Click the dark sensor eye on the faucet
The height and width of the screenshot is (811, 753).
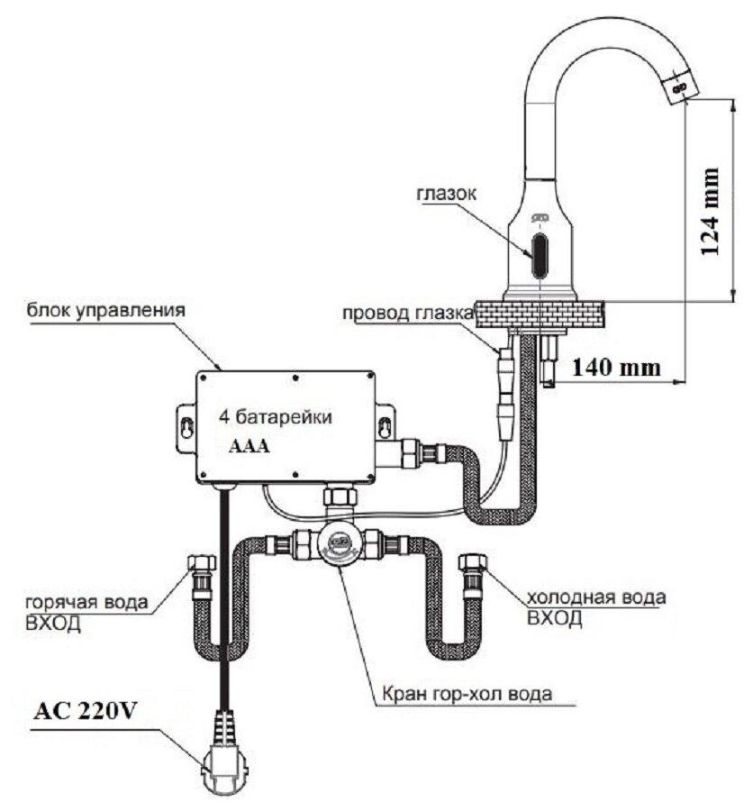pyautogui.click(x=539, y=256)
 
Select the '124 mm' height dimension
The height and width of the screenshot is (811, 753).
pyautogui.click(x=711, y=211)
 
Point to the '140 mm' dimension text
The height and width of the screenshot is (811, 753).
pyautogui.click(x=615, y=368)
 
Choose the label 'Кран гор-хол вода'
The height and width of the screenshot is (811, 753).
pyautogui.click(x=465, y=694)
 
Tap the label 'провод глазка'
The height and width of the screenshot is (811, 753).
pyautogui.click(x=407, y=314)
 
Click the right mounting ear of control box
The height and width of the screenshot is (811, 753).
pyautogui.click(x=386, y=422)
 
